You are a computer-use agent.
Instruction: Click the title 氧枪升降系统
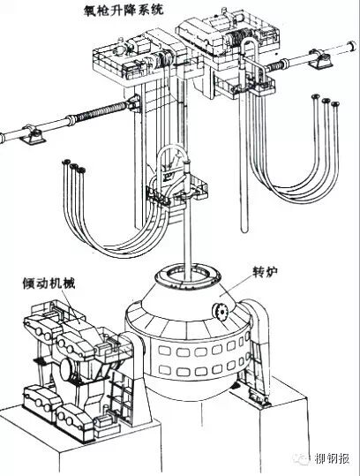(124, 9)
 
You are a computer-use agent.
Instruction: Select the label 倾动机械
(49, 283)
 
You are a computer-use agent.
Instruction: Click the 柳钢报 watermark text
(332, 458)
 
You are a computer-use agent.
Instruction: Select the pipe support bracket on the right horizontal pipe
(321, 60)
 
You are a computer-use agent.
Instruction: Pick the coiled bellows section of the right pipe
(276, 65)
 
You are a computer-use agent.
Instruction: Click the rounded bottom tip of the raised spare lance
(244, 230)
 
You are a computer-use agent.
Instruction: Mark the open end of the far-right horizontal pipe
(353, 45)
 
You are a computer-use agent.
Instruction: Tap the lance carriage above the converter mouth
(177, 192)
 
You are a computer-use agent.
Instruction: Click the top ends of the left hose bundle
(74, 166)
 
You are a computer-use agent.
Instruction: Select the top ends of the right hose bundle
(326, 100)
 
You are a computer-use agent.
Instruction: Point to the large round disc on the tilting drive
(66, 369)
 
